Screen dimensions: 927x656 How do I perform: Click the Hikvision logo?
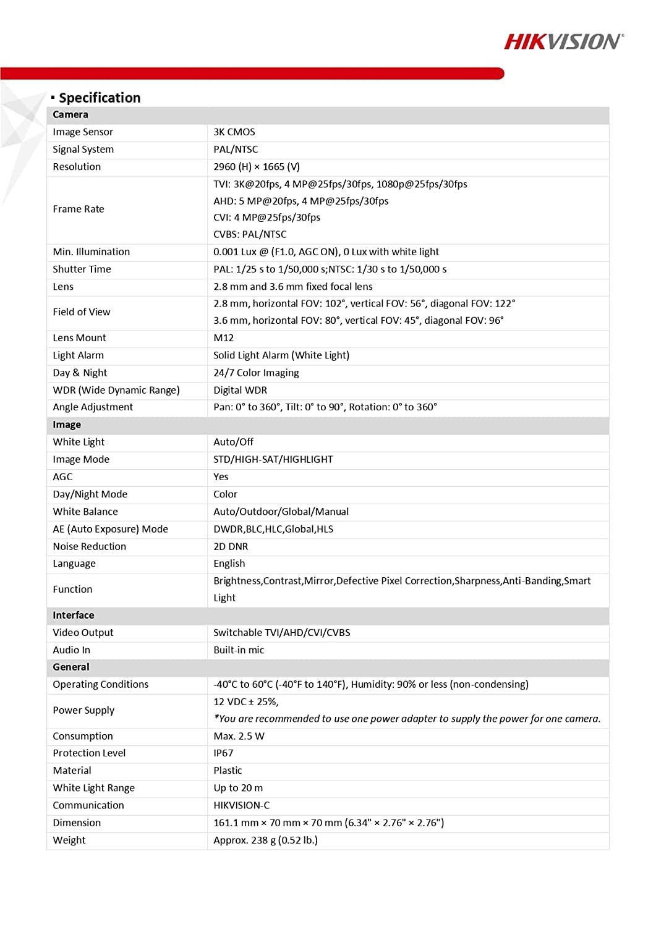click(563, 41)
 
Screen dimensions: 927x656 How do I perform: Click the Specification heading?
click(99, 98)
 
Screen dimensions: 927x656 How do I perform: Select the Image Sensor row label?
click(83, 132)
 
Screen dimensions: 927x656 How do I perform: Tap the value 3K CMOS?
click(234, 132)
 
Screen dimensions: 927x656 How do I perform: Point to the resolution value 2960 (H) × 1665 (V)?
click(257, 166)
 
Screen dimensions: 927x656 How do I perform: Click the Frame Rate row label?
click(79, 209)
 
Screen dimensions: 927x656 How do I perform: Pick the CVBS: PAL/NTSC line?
click(250, 234)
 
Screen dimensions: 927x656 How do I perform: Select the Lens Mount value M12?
click(224, 337)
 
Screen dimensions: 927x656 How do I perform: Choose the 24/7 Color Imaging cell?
click(256, 373)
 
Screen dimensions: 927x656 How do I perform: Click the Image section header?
click(67, 425)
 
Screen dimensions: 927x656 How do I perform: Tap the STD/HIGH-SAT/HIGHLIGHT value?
click(273, 459)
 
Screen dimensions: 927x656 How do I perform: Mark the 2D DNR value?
click(231, 546)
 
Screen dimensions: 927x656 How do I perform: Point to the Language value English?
click(229, 564)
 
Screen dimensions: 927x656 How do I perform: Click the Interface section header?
click(74, 615)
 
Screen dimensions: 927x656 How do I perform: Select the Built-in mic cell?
click(239, 650)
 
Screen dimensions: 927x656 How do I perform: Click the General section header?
click(71, 667)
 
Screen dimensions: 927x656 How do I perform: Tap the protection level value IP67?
click(223, 753)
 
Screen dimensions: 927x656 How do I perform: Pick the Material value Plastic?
click(228, 770)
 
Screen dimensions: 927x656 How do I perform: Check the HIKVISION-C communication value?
click(242, 805)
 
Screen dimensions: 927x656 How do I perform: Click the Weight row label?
click(69, 840)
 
